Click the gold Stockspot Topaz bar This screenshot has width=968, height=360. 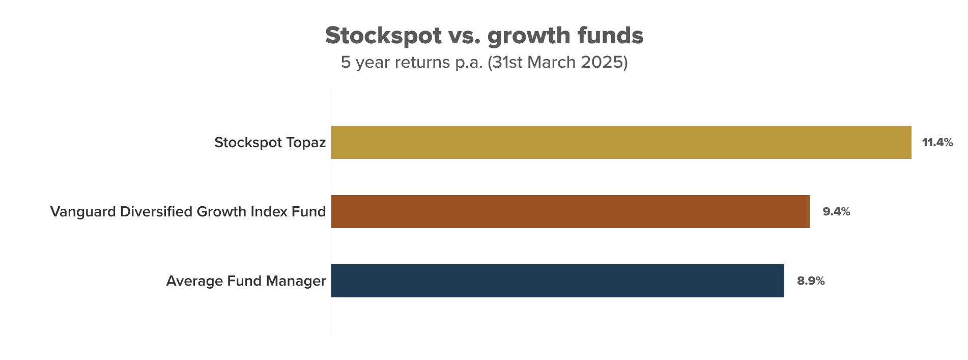621,142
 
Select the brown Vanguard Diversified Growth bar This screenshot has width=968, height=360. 570,211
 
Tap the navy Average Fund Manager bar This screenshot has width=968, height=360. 557,281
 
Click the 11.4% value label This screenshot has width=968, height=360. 937,143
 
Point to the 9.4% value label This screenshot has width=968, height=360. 837,212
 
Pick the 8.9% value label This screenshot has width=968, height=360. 811,281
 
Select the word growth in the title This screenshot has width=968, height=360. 529,36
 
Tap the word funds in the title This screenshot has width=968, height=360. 611,35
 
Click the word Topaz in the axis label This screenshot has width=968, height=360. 306,143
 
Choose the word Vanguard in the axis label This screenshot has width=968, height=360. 83,212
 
